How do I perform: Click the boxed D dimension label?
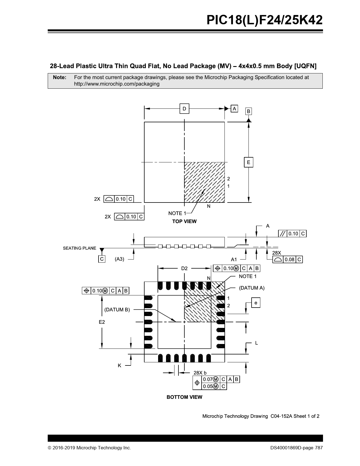point(184,108)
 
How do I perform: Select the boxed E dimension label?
point(248,162)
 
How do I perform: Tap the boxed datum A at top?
point(234,108)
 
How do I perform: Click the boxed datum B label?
point(248,111)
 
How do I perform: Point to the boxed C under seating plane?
point(102,259)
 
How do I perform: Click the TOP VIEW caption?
point(184,221)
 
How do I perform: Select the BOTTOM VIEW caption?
point(184,397)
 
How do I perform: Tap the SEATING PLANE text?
point(80,248)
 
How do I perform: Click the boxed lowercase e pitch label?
point(256,302)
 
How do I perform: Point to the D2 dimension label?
point(184,268)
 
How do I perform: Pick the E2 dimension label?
point(102,322)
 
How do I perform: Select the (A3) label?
point(119,259)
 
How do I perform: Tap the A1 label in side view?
point(234,260)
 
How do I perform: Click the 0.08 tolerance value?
point(289,260)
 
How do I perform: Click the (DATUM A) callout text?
point(252,288)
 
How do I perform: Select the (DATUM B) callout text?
point(117,310)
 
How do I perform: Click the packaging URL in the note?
point(117,84)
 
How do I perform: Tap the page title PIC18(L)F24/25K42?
point(265,20)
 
